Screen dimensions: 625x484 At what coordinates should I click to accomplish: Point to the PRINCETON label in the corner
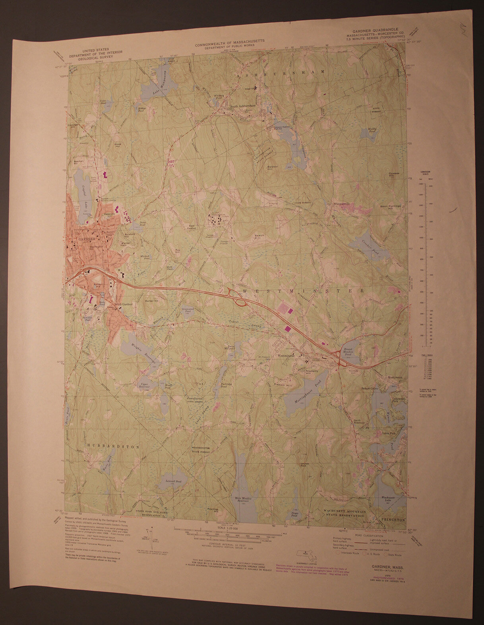point(392,519)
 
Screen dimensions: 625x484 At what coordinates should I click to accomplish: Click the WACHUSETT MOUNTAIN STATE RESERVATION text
point(344,512)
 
